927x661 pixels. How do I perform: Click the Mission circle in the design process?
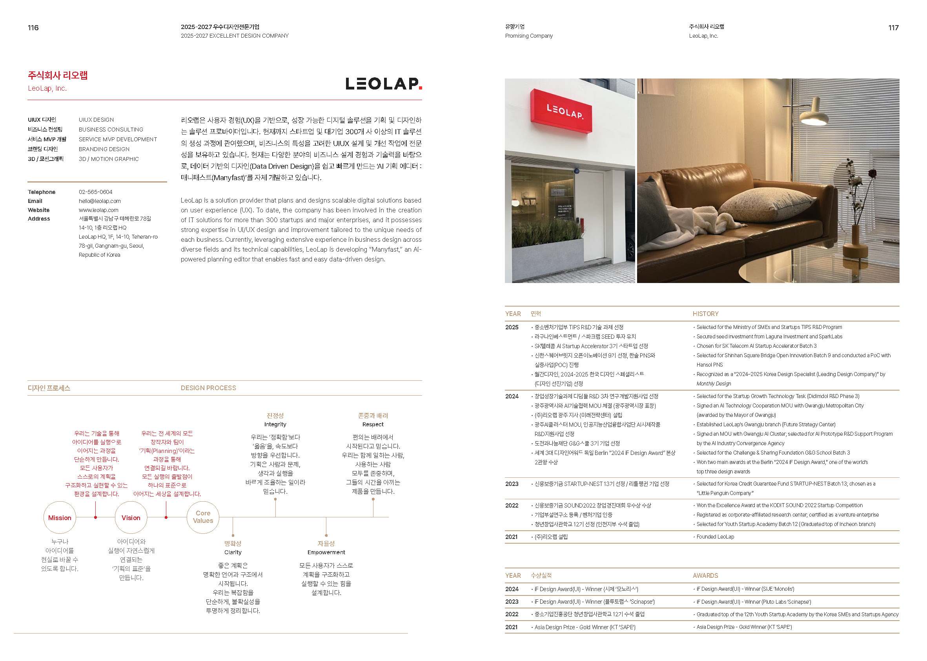click(x=59, y=517)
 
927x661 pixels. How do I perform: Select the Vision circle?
click(x=131, y=517)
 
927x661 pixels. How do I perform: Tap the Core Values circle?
click(x=202, y=517)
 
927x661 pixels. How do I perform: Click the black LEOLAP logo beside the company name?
click(x=383, y=84)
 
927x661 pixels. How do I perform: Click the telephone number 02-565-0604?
click(x=96, y=192)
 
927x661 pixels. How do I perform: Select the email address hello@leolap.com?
click(x=100, y=201)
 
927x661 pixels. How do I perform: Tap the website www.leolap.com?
click(x=98, y=210)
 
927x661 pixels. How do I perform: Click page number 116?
click(x=33, y=28)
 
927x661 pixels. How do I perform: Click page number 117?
click(x=893, y=28)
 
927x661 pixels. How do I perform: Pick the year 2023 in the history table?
click(x=512, y=484)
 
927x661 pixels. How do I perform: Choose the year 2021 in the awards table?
click(x=512, y=627)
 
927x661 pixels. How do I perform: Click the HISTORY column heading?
click(x=705, y=314)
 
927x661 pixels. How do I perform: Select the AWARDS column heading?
click(x=705, y=575)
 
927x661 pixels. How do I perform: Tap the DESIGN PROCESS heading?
click(x=208, y=388)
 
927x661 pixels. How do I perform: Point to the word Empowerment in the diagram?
click(x=326, y=552)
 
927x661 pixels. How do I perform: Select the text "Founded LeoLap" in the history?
click(x=715, y=537)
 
